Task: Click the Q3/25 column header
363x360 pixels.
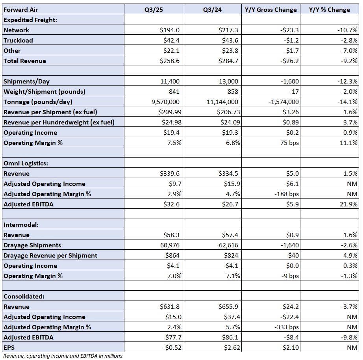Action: [x=154, y=9]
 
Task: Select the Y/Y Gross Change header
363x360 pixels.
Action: [x=270, y=9]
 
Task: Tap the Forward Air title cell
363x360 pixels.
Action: [x=20, y=9]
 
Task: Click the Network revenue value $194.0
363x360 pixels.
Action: [x=170, y=30]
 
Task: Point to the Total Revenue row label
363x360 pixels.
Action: [x=25, y=61]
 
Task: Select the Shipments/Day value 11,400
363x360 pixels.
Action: [x=170, y=81]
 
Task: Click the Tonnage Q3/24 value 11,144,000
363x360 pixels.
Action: [x=222, y=102]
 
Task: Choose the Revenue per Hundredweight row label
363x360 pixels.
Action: [x=59, y=122]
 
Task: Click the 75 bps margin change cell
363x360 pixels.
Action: [x=289, y=143]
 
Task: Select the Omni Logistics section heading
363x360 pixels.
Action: [x=26, y=163]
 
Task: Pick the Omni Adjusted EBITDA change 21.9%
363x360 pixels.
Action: [x=349, y=204]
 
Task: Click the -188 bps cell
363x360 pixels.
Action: [x=287, y=194]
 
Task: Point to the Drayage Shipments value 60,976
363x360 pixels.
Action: [x=170, y=245]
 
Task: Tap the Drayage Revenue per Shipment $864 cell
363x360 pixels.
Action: [x=172, y=255]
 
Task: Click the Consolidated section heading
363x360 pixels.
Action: [x=24, y=296]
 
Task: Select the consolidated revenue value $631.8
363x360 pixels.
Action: [x=170, y=306]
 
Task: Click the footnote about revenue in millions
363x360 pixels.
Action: [x=63, y=356]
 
